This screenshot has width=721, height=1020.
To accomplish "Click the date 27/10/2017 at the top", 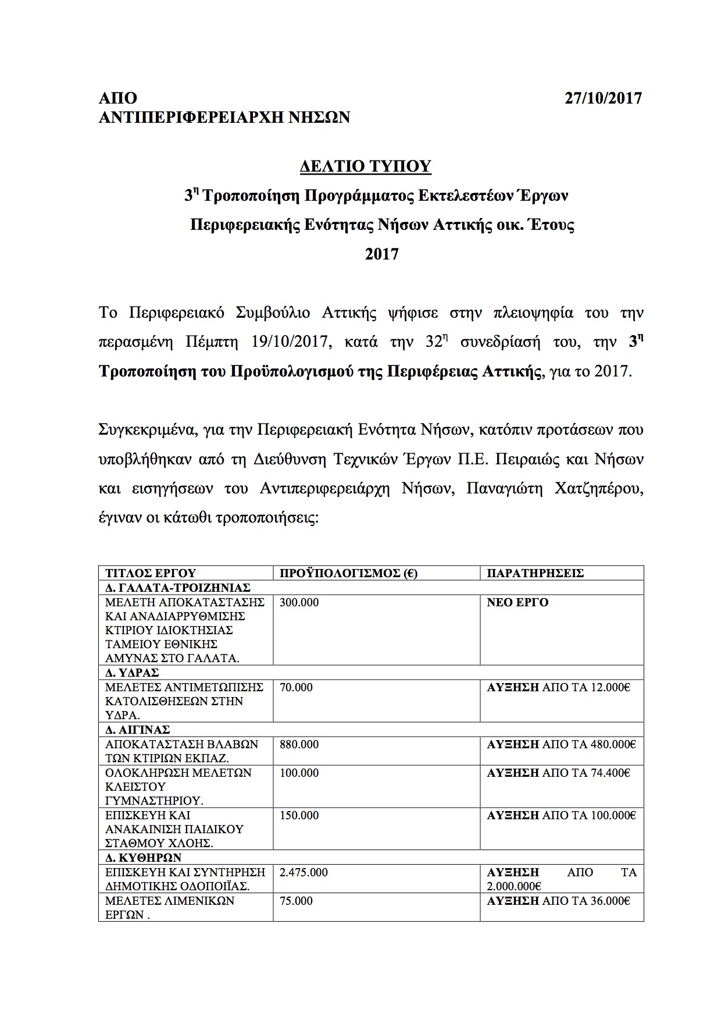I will tap(603, 98).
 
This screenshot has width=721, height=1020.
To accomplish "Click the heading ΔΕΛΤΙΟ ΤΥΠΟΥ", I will tap(366, 167).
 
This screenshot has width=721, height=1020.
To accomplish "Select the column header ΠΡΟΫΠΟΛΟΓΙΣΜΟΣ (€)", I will tap(348, 573).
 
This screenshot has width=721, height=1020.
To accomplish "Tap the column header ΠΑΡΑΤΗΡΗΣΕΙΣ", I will tap(535, 573).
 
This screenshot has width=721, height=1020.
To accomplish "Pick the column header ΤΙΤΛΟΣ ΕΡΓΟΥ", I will tap(151, 573).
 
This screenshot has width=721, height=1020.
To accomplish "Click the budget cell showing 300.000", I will tap(299, 603).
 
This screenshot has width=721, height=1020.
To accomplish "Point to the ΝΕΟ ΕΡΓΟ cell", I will tap(517, 603).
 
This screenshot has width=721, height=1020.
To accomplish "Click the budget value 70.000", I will tap(297, 688).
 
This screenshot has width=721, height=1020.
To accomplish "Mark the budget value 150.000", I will tap(299, 816).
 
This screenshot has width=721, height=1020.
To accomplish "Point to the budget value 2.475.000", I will tap(304, 873).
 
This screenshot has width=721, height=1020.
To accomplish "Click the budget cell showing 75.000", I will tap(297, 901).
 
